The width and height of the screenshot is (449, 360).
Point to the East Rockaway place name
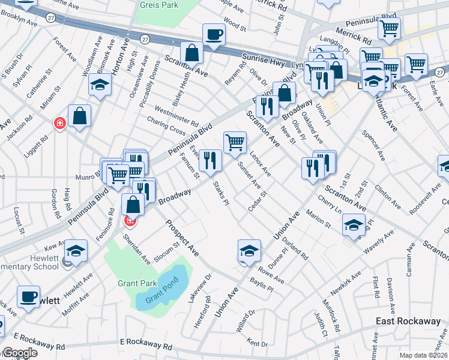coord(408,322)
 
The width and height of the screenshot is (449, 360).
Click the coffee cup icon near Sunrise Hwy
coord(213,34)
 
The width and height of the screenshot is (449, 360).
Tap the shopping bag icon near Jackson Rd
coord(79,116)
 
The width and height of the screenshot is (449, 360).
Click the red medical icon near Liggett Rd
coord(59,124)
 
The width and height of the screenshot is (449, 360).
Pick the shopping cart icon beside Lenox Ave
coord(235,142)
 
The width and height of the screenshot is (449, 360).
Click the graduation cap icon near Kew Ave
coord(76,250)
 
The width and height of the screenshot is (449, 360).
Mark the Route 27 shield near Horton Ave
coord(145,38)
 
